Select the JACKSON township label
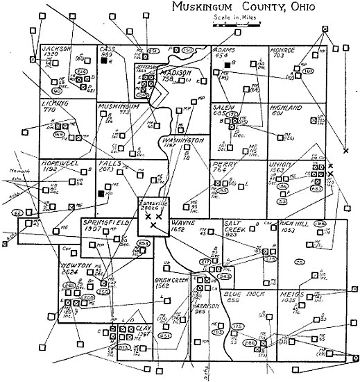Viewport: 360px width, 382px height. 57,49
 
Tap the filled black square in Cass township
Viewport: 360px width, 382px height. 103,61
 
